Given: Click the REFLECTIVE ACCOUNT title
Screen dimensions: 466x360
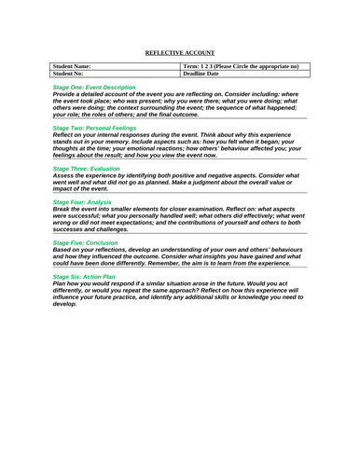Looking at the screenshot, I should [181, 53].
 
